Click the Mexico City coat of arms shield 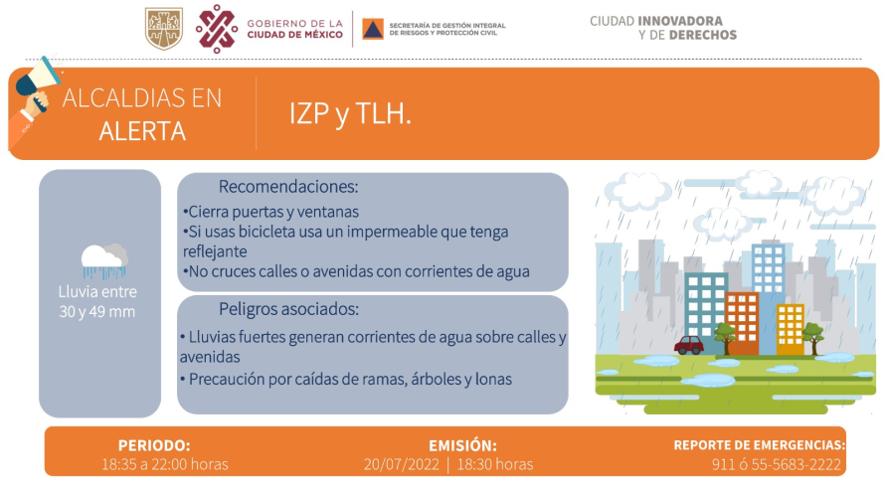tap(164, 28)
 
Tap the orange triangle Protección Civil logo tap(373, 29)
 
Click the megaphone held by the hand tap(38, 77)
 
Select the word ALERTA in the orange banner tap(142, 131)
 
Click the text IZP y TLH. tap(350, 114)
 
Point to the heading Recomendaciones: tap(288, 187)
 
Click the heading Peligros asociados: tap(289, 309)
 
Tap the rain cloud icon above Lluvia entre tap(103, 261)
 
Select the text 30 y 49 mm tap(97, 311)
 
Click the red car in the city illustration tap(688, 345)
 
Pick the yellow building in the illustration tap(791, 329)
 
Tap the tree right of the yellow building tap(813, 338)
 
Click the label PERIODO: tap(154, 445)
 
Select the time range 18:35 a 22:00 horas tap(165, 464)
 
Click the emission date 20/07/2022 tap(402, 464)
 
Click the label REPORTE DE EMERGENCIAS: tap(759, 445)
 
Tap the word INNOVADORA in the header tap(680, 21)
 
